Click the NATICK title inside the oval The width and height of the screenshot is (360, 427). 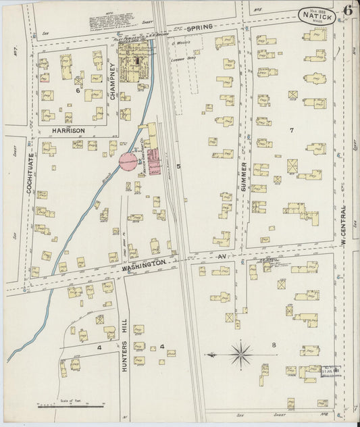point(316,16)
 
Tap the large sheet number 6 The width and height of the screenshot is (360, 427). point(346,10)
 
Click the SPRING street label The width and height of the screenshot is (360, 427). point(199,27)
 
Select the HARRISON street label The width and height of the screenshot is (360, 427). point(66,130)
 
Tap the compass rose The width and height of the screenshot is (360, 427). point(241,352)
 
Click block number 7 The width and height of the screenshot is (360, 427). point(292,130)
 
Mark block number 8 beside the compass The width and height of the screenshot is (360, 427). point(274,346)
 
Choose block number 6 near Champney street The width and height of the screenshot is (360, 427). point(78,90)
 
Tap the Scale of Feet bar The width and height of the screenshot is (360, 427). point(71,406)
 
